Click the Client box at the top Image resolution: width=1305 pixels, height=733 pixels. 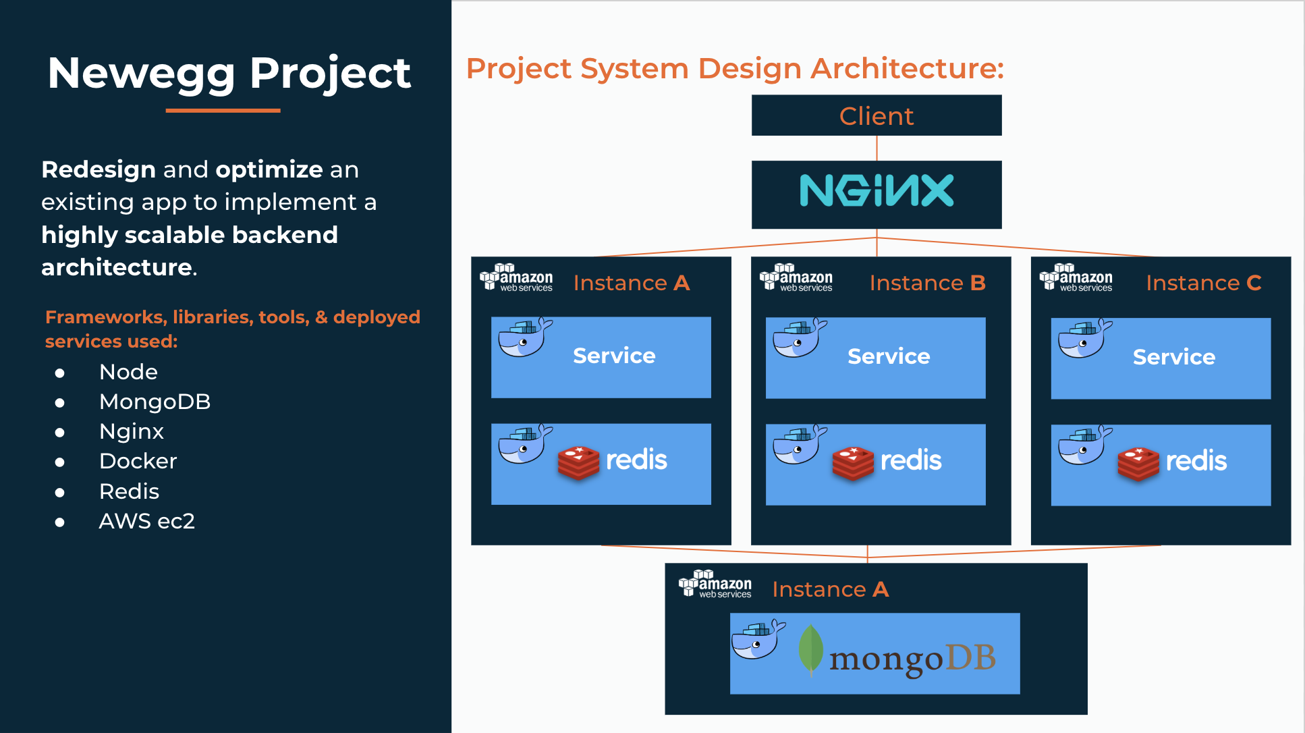[876, 116]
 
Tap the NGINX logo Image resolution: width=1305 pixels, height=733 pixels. [876, 191]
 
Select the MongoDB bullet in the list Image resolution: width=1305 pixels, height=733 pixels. [155, 402]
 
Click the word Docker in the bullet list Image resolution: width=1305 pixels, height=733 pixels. [138, 462]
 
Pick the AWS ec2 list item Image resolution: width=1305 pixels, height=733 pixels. [146, 522]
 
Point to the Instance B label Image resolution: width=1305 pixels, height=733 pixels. [927, 283]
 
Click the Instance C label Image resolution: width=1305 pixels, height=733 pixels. [1203, 283]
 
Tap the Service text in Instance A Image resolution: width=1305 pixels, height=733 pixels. [614, 356]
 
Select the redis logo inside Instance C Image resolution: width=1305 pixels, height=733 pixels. [1173, 462]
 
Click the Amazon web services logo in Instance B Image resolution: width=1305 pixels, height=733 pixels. [796, 277]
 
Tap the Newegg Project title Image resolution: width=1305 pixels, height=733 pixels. [229, 73]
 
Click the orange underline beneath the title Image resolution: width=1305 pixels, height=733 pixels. [223, 110]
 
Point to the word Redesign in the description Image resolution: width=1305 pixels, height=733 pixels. [99, 169]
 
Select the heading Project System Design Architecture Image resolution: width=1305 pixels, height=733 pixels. [735, 69]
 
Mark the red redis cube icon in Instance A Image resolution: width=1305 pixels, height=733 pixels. [578, 462]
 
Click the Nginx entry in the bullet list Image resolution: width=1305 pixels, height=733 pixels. [131, 432]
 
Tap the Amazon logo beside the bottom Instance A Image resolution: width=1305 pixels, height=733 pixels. [715, 584]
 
